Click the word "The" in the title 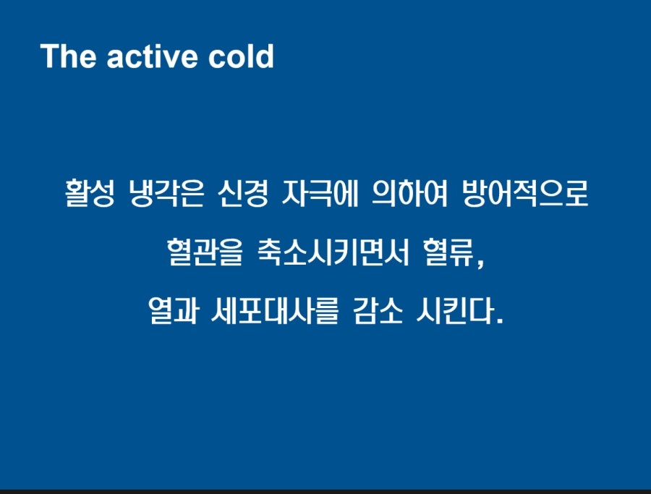[x=68, y=56]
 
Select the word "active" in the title [x=152, y=56]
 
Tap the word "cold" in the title [x=241, y=56]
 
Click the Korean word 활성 [x=90, y=193]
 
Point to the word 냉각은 [x=166, y=193]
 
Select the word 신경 [x=243, y=193]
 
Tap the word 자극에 [x=320, y=193]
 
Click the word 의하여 [x=410, y=193]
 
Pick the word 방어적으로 [x=525, y=193]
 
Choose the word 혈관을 [x=205, y=252]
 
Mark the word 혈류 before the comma [x=448, y=252]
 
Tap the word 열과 [x=173, y=310]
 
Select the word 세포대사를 [x=276, y=310]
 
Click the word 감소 [x=378, y=310]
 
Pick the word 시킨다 [x=456, y=310]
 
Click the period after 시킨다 [x=499, y=320]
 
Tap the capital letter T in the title [x=50, y=56]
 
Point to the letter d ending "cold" [x=265, y=56]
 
